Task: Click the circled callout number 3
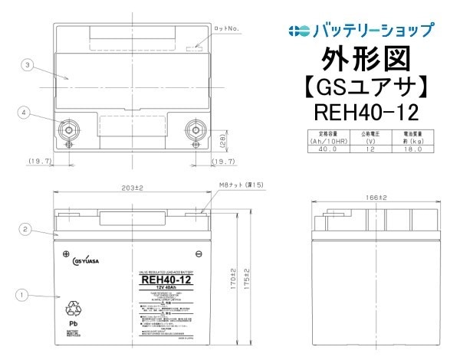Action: coord(28,66)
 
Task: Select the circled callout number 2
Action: coord(25,228)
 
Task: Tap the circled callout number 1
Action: coord(23,293)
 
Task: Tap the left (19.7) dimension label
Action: coord(39,162)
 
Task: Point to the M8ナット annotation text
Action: coord(241,185)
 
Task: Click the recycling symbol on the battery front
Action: coord(75,308)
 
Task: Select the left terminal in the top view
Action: coord(70,129)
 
